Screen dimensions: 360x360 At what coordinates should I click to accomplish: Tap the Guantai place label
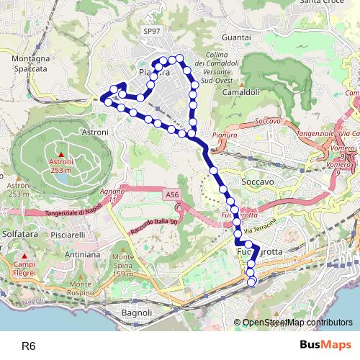click(216, 36)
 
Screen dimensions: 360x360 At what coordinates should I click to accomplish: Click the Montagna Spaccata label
click(30, 63)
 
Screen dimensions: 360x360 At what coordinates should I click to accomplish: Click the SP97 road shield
click(152, 32)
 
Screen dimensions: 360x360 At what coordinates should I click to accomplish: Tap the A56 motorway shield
click(171, 194)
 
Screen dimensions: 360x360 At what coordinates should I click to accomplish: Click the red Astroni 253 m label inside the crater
click(60, 166)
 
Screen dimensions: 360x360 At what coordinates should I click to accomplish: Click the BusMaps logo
click(323, 345)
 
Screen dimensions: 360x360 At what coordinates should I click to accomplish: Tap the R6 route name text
click(28, 346)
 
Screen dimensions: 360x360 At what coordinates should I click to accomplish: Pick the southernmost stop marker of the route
click(251, 282)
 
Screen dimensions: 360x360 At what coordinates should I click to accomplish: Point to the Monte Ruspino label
click(76, 289)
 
